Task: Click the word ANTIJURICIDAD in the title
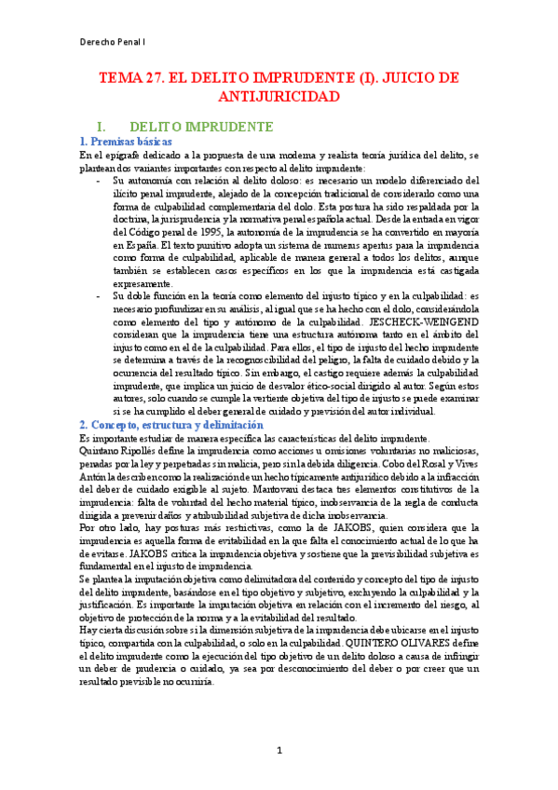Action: click(279, 96)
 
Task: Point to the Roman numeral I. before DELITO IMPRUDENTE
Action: click(116, 126)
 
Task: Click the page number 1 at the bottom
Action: click(279, 751)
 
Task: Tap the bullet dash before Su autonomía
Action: click(100, 181)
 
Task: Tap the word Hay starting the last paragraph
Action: click(88, 628)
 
